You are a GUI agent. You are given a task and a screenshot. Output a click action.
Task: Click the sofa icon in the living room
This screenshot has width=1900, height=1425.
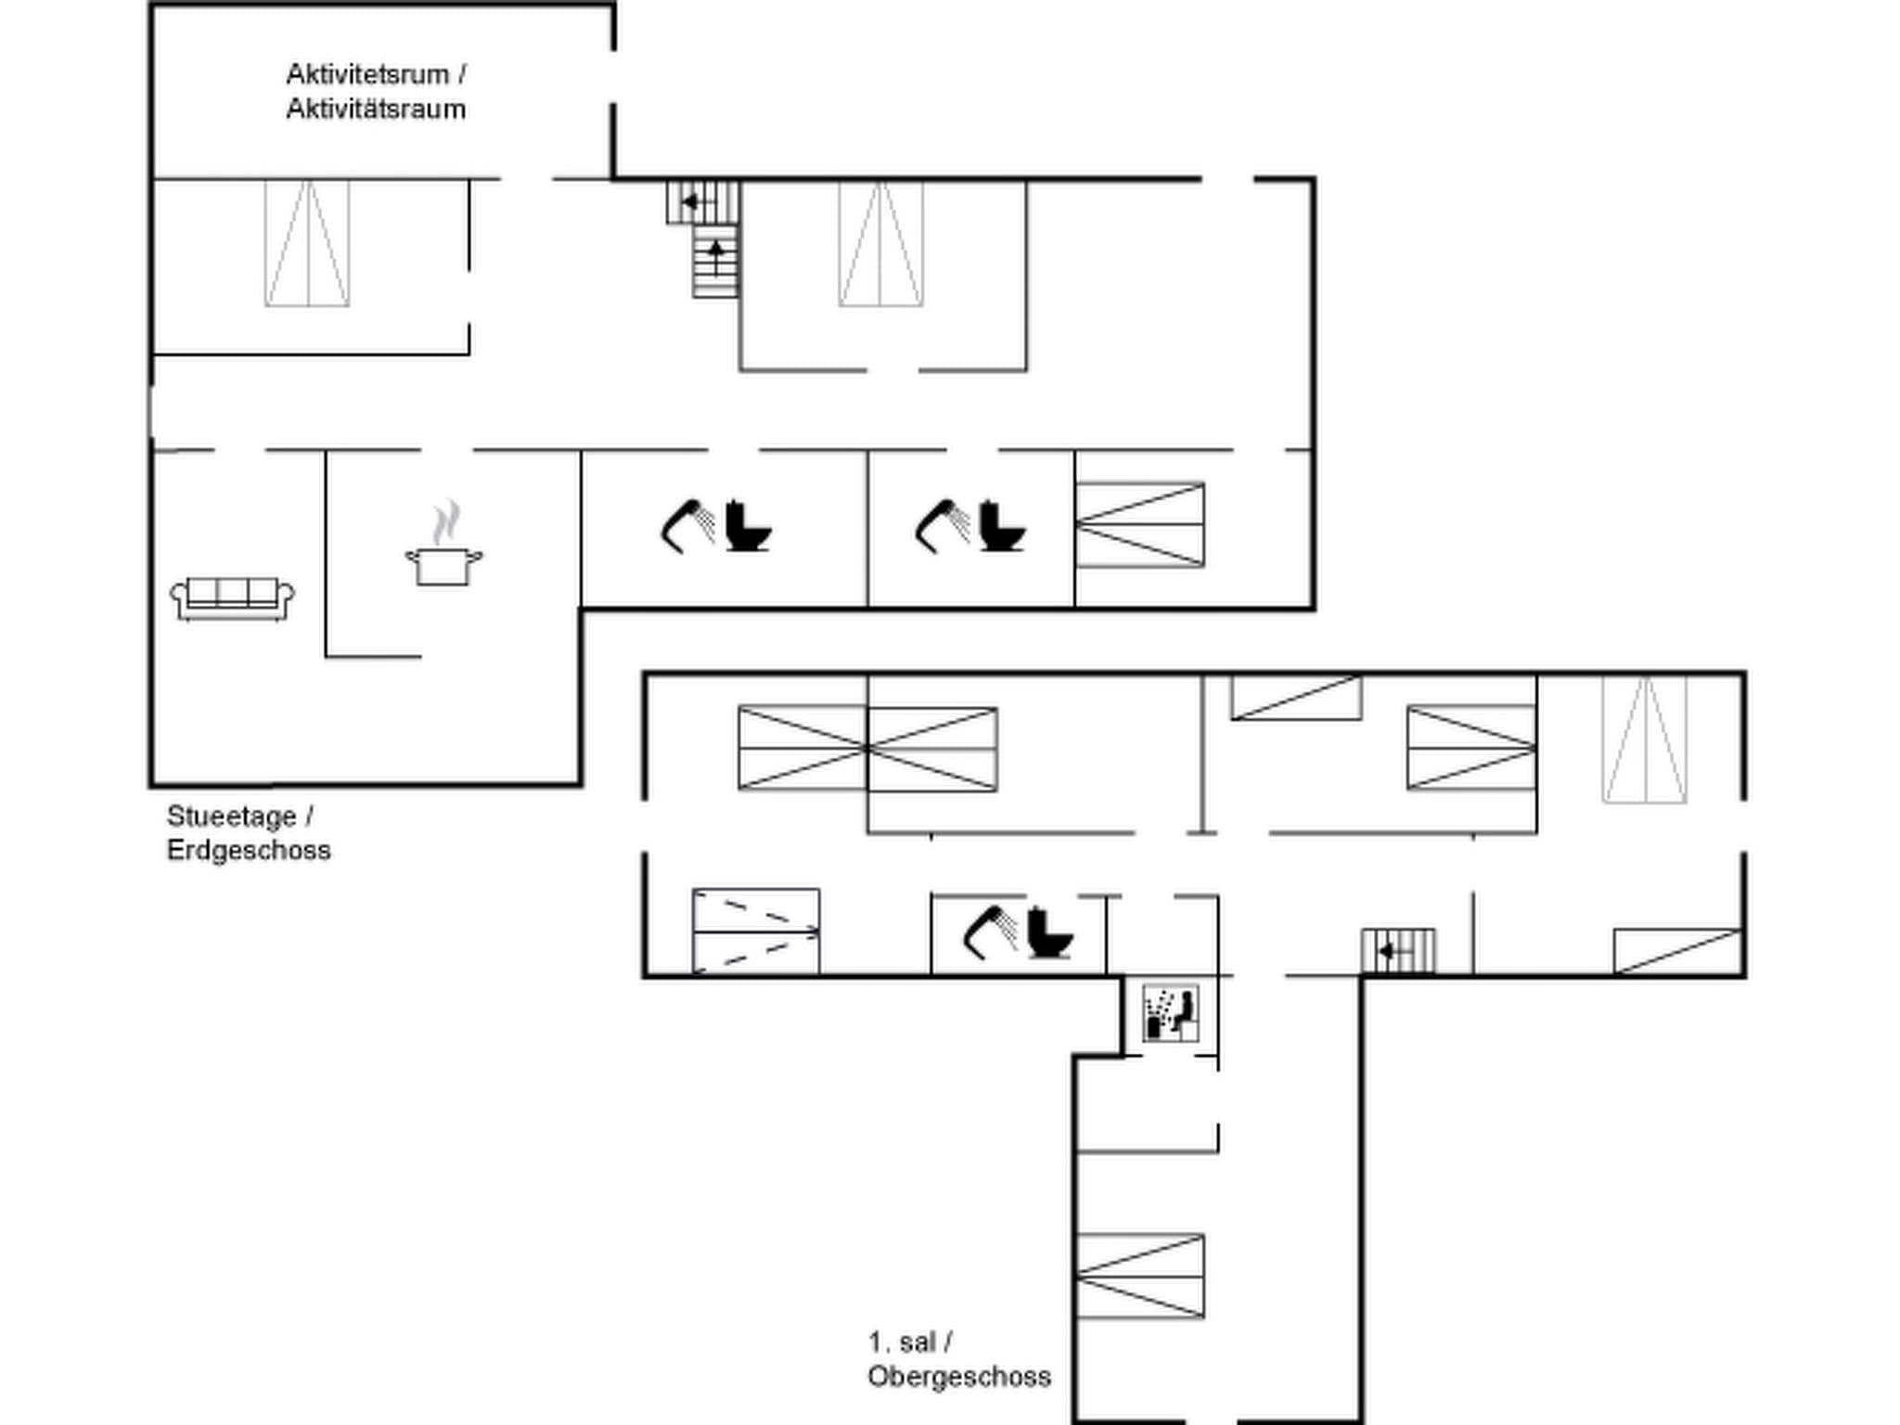(x=232, y=598)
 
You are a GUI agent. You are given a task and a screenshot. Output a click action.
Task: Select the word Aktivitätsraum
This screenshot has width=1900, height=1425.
(x=376, y=109)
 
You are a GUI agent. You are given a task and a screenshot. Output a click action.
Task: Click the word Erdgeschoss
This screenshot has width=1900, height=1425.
(x=249, y=851)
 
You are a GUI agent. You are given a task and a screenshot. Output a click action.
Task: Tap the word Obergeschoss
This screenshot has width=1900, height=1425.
(x=958, y=1377)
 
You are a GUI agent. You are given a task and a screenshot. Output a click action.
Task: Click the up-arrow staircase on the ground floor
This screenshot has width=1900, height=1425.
(x=715, y=264)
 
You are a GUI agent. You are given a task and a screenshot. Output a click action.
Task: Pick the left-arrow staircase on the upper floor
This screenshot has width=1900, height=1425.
(x=1397, y=951)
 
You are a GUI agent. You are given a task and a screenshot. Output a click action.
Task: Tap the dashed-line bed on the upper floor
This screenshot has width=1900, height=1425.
(x=755, y=931)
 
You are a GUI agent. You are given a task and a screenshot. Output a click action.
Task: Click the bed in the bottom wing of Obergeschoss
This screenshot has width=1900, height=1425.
(x=1139, y=1276)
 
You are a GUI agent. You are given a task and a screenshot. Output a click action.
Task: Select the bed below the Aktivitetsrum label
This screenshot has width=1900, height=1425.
(x=307, y=243)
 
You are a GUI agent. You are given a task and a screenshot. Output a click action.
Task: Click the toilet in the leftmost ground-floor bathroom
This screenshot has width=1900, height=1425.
(x=747, y=527)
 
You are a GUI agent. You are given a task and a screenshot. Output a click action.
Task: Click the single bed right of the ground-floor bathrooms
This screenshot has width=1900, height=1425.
(x=1139, y=524)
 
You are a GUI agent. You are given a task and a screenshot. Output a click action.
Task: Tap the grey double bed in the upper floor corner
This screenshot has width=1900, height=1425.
(x=1644, y=739)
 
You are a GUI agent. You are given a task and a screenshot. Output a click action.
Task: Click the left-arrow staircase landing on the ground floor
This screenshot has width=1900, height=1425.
(x=701, y=202)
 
